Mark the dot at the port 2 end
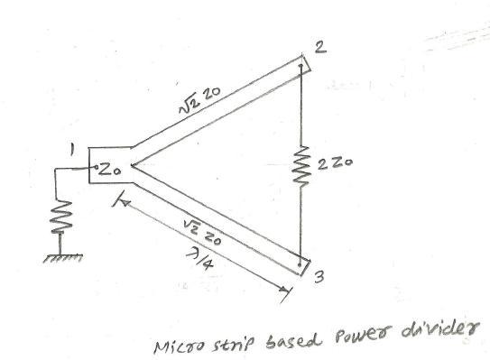pos(300,66)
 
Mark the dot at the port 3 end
pos(300,266)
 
